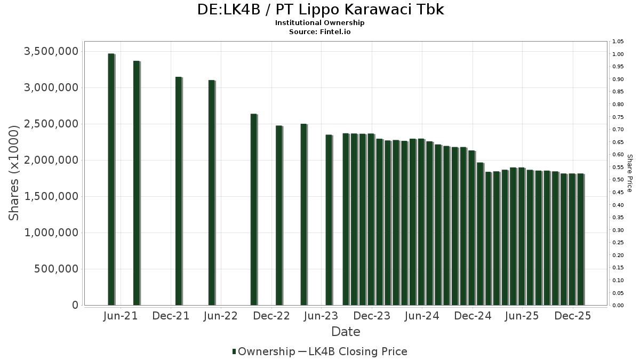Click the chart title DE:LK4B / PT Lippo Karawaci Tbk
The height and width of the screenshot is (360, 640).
click(320, 10)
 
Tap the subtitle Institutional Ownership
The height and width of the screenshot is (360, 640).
click(320, 23)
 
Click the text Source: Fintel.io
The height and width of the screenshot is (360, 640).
click(320, 31)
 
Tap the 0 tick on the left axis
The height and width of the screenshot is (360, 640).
click(75, 305)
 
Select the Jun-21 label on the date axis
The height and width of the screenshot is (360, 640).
click(121, 316)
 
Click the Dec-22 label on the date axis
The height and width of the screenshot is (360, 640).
click(271, 316)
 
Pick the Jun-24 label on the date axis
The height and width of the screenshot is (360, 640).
click(422, 316)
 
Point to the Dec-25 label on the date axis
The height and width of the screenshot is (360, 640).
click(572, 316)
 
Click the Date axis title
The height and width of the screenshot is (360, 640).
click(346, 332)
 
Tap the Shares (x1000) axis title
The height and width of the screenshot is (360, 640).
click(14, 173)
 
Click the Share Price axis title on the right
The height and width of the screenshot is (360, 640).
click(629, 173)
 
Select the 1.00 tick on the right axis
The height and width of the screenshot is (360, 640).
click(618, 54)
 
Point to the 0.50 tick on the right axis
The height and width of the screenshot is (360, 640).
click(618, 180)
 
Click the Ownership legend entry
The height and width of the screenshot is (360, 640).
click(263, 351)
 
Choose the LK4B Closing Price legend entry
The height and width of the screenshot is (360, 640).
click(354, 351)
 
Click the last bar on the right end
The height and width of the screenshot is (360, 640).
click(580, 239)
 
